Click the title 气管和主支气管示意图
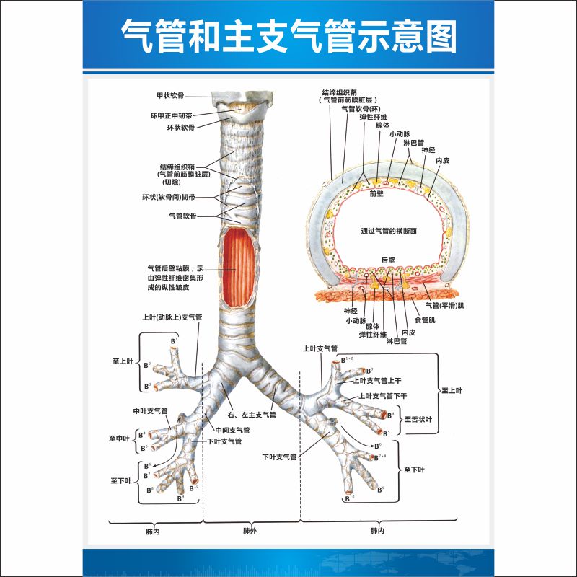(x=288, y=36)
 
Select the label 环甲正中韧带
(x=171, y=115)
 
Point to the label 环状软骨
(x=181, y=127)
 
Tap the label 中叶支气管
(x=150, y=411)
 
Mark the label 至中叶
(x=119, y=438)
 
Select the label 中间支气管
(x=232, y=430)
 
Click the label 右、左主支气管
(x=252, y=415)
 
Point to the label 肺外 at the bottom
(x=250, y=532)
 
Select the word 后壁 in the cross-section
(x=388, y=260)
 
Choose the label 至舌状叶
(x=417, y=419)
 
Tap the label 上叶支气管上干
(x=376, y=379)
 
